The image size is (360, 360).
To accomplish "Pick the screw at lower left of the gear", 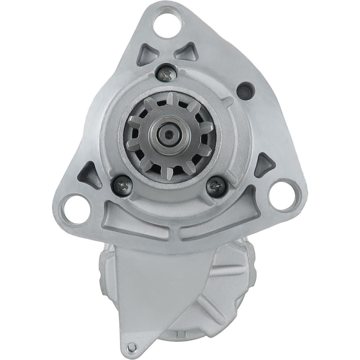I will coord(121,184).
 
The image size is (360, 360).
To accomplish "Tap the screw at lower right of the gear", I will coord(216,185).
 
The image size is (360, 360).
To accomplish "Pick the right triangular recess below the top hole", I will coord(185,52).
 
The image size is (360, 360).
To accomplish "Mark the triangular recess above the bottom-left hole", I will coord(90,174).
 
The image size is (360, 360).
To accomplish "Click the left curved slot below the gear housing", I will coord(135,221).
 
